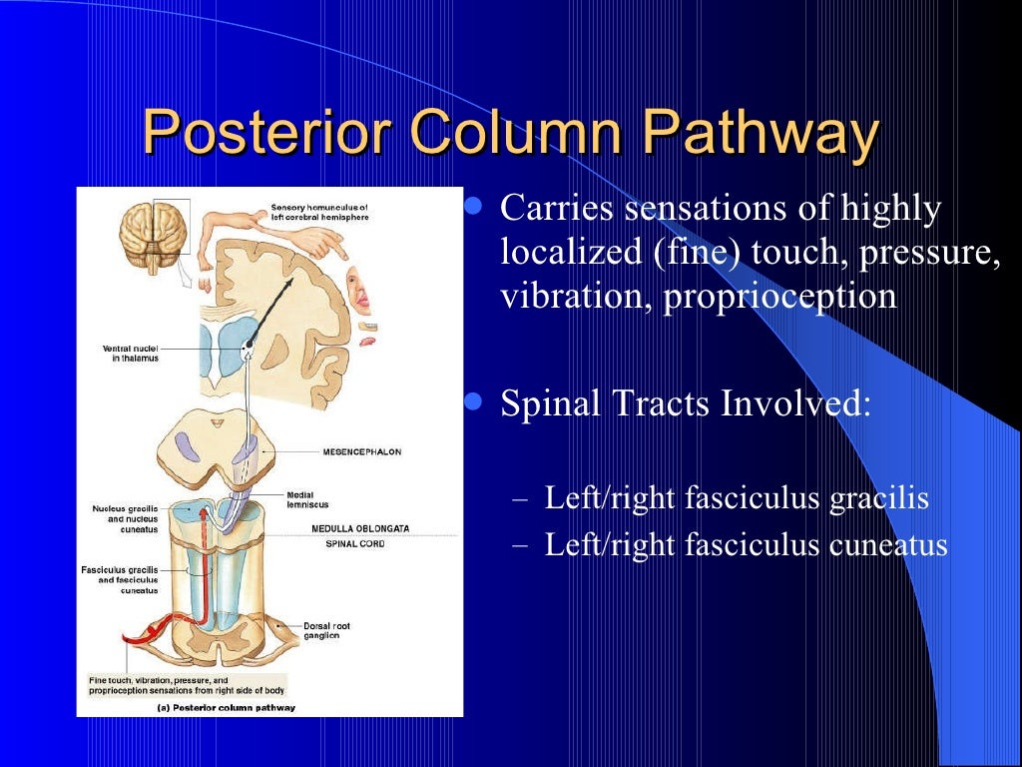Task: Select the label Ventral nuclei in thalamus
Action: click(130, 353)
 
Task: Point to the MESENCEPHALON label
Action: click(361, 451)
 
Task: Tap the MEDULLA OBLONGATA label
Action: click(360, 528)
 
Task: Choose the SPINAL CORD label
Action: click(355, 543)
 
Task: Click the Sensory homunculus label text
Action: click(319, 213)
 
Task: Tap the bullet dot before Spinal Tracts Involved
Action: click(475, 402)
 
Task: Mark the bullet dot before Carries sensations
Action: click(475, 208)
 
